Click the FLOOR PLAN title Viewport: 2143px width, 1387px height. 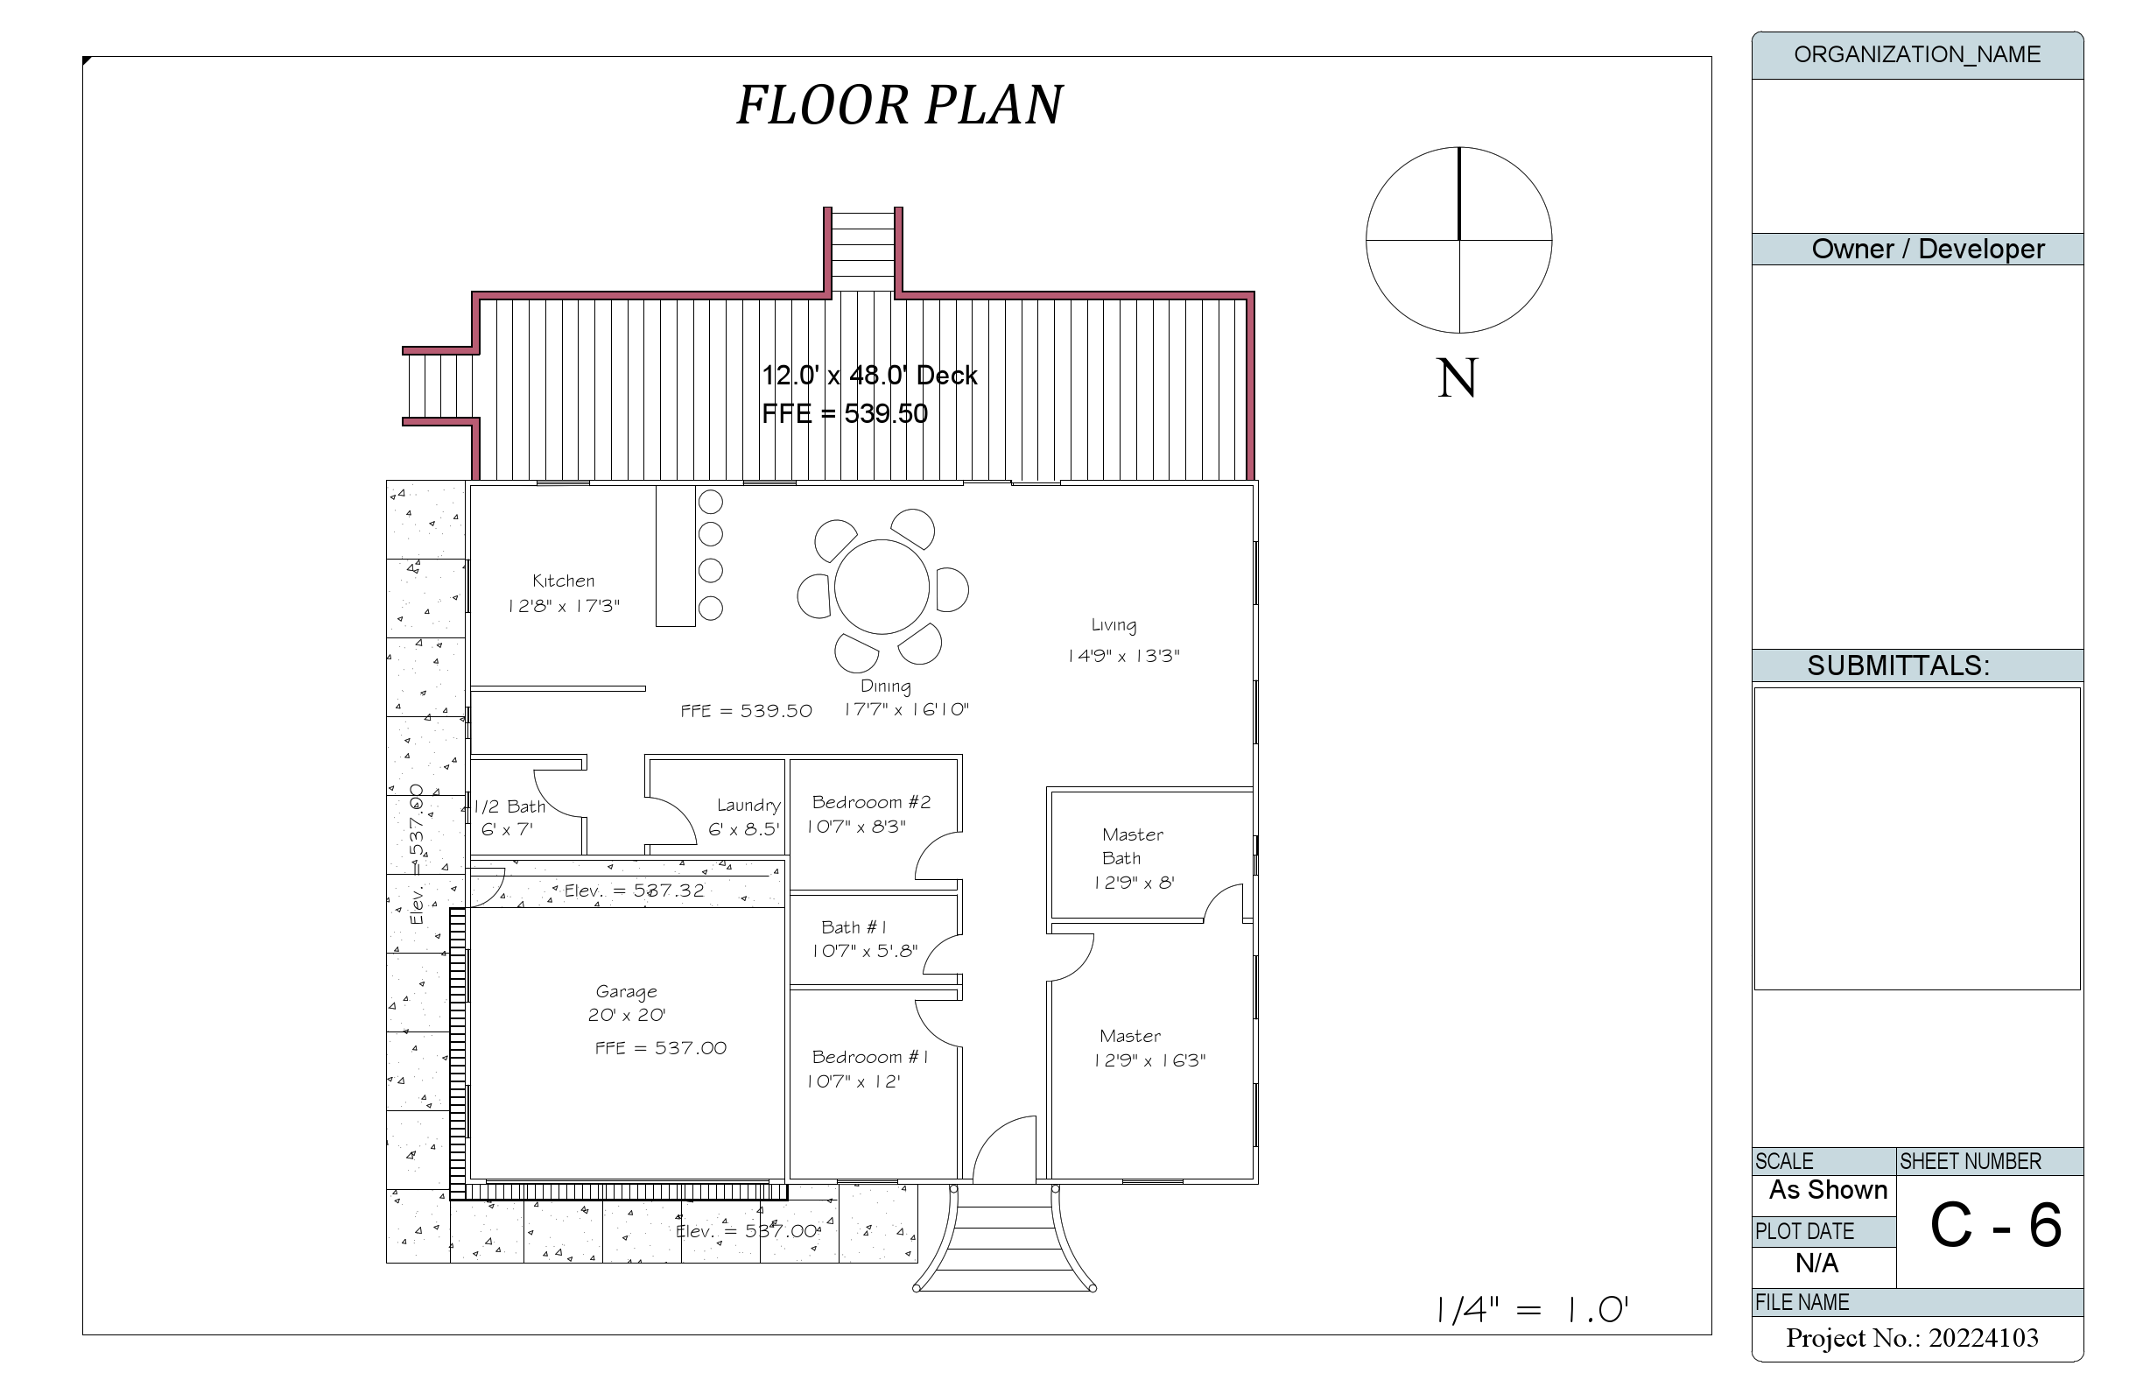pyautogui.click(x=900, y=104)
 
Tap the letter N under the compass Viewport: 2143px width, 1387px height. pyautogui.click(x=1457, y=378)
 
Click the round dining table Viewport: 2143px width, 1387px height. pyautogui.click(x=881, y=587)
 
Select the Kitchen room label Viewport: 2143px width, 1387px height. pyautogui.click(x=563, y=581)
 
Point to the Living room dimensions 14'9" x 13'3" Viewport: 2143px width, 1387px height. pyautogui.click(x=1123, y=656)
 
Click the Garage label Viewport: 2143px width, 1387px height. pyautogui.click(x=626, y=991)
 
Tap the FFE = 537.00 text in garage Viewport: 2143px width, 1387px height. pyautogui.click(x=660, y=1048)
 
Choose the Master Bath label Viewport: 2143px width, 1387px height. pyautogui.click(x=1132, y=846)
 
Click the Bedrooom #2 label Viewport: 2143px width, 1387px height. pyautogui.click(x=871, y=802)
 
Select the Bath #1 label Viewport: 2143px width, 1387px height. pyautogui.click(x=854, y=926)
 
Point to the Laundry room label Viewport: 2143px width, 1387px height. pyautogui.click(x=748, y=806)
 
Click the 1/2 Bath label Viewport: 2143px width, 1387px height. pyautogui.click(x=509, y=807)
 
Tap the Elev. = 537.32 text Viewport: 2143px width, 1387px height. pyautogui.click(x=634, y=891)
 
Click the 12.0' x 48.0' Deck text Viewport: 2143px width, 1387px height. pyautogui.click(x=869, y=376)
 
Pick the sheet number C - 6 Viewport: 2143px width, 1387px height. pyautogui.click(x=1995, y=1226)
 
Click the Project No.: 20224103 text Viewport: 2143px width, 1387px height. pyautogui.click(x=1912, y=1338)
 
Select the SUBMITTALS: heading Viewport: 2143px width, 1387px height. pyautogui.click(x=1898, y=665)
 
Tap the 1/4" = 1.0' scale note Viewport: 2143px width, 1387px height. pyautogui.click(x=1532, y=1311)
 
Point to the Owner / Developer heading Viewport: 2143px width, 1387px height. pyautogui.click(x=1927, y=250)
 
